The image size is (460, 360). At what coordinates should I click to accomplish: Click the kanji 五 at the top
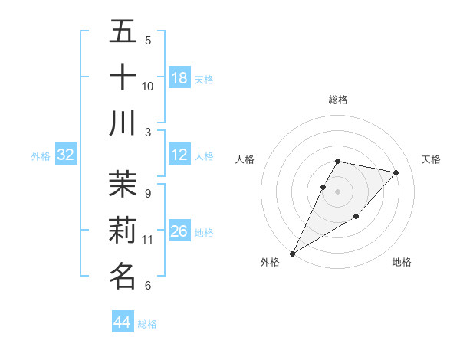pos(123,32)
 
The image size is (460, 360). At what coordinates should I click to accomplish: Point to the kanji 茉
pos(123,185)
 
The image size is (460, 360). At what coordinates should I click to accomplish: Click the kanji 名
pos(123,275)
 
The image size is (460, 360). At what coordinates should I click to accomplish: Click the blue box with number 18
pos(179,78)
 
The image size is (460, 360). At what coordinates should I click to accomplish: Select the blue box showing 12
pos(179,155)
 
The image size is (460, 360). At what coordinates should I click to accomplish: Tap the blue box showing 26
pos(179,231)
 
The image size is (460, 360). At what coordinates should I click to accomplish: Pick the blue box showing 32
pos(65,155)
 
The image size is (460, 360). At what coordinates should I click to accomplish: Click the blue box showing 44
pos(123,322)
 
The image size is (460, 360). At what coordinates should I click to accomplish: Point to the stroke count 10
pos(148,86)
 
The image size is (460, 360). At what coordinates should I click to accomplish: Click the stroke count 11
pos(148,239)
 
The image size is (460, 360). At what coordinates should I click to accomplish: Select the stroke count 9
pos(148,194)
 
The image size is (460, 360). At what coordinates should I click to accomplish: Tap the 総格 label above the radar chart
pos(338,100)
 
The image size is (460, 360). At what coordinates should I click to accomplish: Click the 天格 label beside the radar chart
pos(432,159)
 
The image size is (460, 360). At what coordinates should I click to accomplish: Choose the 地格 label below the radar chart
pos(402,263)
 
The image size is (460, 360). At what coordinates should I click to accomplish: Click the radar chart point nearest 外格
pos(292,254)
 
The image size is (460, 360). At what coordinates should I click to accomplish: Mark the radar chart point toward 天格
pos(396,173)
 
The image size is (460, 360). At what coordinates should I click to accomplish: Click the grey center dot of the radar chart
pos(338,192)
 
